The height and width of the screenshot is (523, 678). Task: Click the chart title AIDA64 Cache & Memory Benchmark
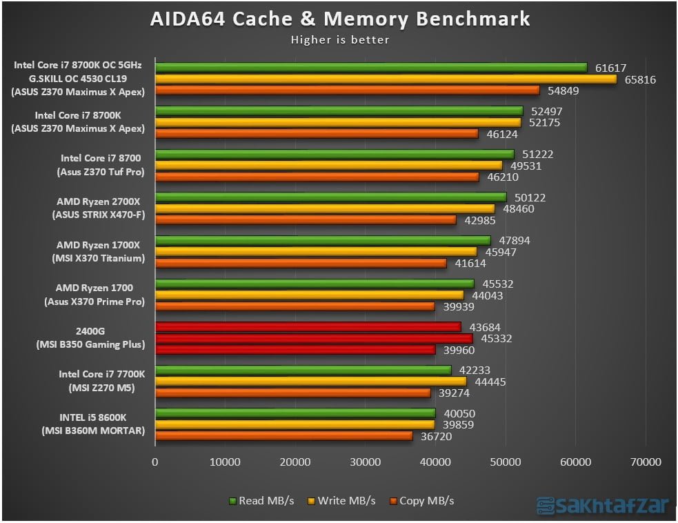pos(340,19)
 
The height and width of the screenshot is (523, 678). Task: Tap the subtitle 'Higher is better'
pos(340,40)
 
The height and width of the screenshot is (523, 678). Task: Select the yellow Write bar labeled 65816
pos(386,79)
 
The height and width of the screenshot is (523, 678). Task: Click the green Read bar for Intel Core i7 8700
pos(335,155)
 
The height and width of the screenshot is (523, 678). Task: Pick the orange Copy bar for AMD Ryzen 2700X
pos(306,219)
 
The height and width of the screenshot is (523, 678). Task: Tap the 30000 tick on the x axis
pos(366,462)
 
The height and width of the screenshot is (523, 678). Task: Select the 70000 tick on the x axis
pos(646,462)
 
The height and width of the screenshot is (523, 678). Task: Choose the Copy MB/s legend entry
pos(421,501)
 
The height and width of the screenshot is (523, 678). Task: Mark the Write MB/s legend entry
pos(343,501)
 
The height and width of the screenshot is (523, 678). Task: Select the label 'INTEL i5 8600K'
pos(93,417)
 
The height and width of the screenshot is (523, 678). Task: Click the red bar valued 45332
pos(314,338)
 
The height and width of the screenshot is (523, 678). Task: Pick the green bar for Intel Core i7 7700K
pos(303,370)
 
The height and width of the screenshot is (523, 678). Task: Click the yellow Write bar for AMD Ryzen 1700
pos(309,295)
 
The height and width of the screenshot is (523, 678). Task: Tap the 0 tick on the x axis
pos(155,462)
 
